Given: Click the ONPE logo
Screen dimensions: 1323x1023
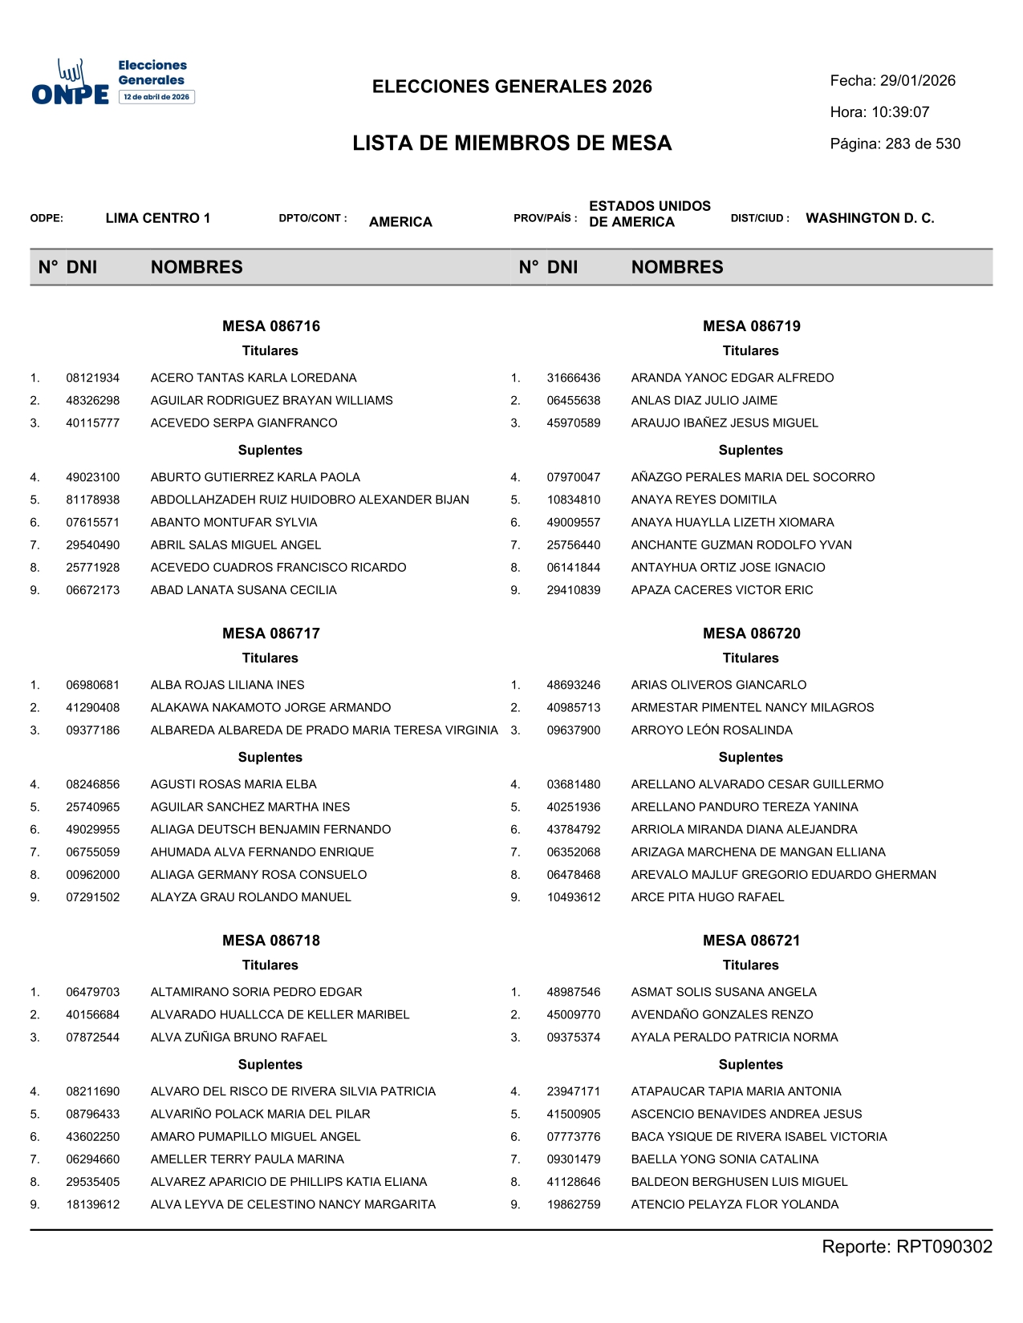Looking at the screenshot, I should click(x=112, y=82).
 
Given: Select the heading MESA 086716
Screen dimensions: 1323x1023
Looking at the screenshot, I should click(x=270, y=326).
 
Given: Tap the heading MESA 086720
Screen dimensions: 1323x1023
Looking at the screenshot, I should click(x=751, y=633).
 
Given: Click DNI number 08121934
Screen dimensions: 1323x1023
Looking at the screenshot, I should click(x=92, y=378).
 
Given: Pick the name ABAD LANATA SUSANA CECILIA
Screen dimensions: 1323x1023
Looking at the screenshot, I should click(x=243, y=590).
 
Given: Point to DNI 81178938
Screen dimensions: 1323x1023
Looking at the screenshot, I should click(x=92, y=500).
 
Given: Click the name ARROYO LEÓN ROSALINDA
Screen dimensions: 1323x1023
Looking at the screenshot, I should click(x=711, y=730).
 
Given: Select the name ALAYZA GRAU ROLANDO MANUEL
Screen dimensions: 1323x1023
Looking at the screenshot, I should click(x=250, y=897).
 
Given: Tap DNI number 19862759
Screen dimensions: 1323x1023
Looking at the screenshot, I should click(x=573, y=1204).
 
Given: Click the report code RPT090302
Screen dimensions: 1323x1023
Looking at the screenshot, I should click(x=944, y=1247).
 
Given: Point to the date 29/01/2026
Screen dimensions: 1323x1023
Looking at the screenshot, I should click(x=917, y=81).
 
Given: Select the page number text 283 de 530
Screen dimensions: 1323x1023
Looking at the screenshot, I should click(x=923, y=144).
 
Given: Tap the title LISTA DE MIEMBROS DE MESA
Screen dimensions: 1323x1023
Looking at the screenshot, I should click(x=512, y=144).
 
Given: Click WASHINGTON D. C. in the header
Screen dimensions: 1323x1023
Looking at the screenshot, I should click(x=870, y=218).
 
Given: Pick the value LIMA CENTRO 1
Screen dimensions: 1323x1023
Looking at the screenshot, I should click(x=157, y=218).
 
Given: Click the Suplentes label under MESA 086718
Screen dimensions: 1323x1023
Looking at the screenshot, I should click(x=270, y=1065).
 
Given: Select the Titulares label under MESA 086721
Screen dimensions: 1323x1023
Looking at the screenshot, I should click(x=750, y=965).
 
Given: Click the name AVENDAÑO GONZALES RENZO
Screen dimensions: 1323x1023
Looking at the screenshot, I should click(x=721, y=1015).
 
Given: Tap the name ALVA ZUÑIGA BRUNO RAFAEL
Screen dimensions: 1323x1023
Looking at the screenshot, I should click(x=238, y=1038).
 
